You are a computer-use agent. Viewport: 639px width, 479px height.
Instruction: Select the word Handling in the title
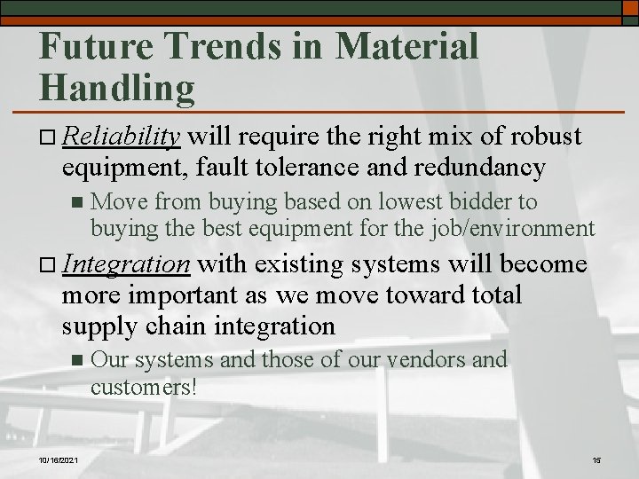117,87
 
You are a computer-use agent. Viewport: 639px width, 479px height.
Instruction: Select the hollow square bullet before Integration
49,266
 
